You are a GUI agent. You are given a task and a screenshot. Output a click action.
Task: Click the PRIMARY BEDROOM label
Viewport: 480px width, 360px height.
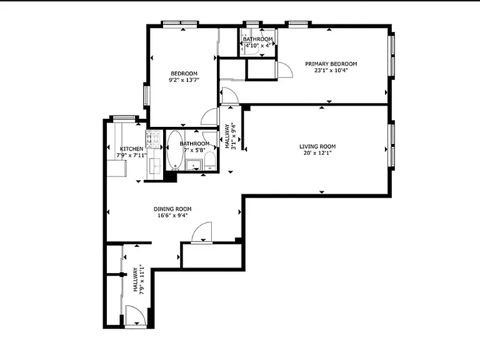331,64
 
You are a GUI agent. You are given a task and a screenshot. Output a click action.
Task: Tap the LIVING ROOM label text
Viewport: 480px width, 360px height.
317,147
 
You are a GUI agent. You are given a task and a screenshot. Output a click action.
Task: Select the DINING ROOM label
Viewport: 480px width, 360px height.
172,209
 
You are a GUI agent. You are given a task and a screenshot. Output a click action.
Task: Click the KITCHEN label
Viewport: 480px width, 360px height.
131,149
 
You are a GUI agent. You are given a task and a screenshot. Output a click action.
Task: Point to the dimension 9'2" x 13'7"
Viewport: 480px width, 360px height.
184,80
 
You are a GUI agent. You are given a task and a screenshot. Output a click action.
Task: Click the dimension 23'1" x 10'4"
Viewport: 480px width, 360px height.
331,71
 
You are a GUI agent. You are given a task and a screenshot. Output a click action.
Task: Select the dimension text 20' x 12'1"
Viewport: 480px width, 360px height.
317,153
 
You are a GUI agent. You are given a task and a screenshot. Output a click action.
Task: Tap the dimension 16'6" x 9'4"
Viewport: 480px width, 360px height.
172,216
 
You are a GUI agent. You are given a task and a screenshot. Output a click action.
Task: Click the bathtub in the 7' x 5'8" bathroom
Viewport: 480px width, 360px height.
175,150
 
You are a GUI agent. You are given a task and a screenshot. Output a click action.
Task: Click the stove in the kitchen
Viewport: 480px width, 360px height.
154,139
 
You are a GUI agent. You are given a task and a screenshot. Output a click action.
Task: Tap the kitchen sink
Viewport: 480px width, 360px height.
156,166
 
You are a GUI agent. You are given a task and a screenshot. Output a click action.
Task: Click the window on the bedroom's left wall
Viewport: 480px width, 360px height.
147,96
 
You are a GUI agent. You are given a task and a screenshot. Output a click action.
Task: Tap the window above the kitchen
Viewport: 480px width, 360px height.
124,117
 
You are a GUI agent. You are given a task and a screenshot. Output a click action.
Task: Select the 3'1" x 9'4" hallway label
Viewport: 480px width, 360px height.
231,136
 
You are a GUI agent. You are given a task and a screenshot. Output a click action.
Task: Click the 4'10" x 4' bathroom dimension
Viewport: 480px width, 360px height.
257,46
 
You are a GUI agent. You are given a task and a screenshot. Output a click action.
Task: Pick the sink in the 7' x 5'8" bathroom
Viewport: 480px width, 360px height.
194,165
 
